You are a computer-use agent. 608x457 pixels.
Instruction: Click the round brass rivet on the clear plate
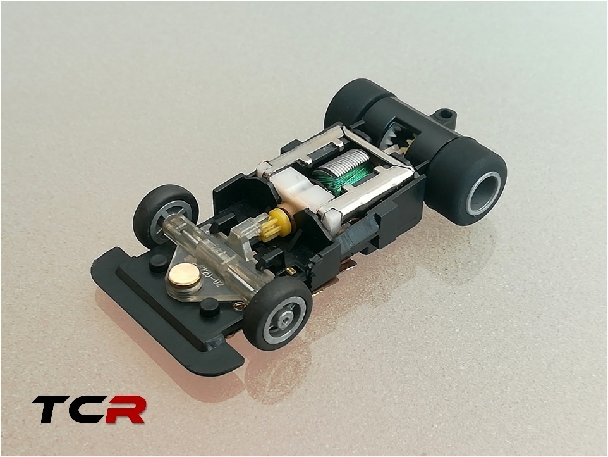click(184, 275)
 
